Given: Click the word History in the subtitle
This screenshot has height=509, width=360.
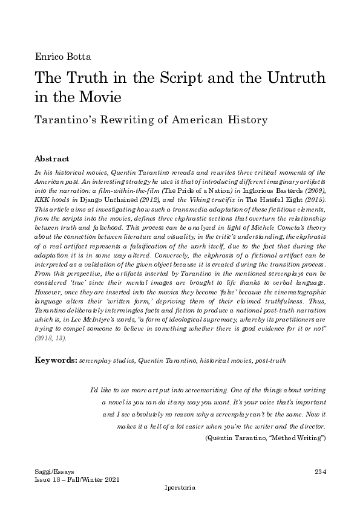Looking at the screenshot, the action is [246, 120].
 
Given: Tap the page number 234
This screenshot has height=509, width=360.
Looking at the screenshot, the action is [321, 470].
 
